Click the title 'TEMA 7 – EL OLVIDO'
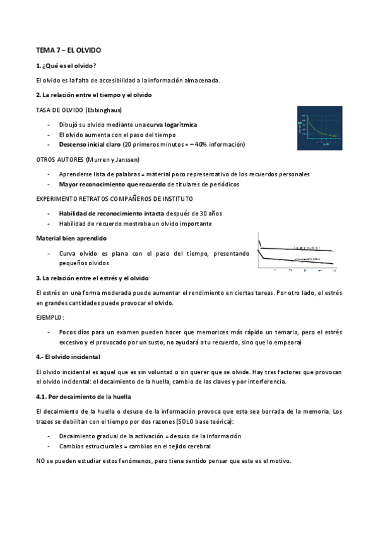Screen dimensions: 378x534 click(69, 49)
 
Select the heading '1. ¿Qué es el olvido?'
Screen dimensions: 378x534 click(66, 65)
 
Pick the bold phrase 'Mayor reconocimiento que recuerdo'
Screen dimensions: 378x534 click(112, 184)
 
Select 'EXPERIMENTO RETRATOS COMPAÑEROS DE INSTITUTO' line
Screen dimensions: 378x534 click(113, 198)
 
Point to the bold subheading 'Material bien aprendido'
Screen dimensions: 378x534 click(71, 238)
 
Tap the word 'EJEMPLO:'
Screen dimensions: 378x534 click(50, 317)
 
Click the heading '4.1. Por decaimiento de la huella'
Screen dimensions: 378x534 click(83, 397)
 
